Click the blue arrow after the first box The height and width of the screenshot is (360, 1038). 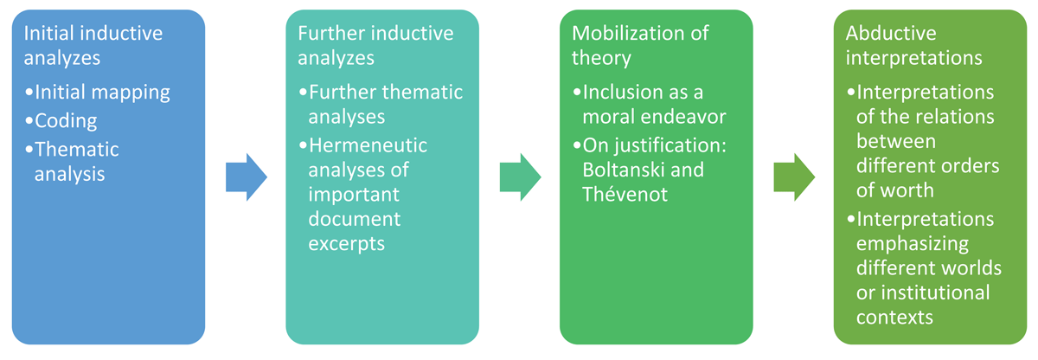246,177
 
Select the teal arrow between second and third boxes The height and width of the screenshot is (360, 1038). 520,177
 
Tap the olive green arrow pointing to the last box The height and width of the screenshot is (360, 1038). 794,177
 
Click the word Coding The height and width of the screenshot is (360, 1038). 66,121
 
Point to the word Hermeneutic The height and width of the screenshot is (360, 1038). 368,145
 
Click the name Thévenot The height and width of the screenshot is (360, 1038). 625,194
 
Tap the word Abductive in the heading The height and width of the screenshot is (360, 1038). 891,34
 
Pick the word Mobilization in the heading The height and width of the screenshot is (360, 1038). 628,34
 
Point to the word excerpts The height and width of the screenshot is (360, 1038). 347,245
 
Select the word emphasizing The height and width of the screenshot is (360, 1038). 913,244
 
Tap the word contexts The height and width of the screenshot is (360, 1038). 894,318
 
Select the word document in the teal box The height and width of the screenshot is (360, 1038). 355,219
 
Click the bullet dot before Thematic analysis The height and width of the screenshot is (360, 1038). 29,150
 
